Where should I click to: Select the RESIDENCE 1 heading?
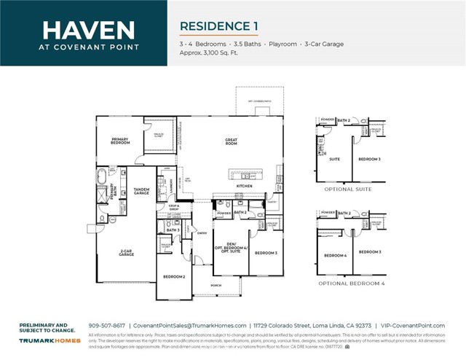coord(219,26)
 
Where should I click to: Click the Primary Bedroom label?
coord(120,141)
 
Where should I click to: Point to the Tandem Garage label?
coord(142,192)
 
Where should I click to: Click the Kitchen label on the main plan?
coord(243,187)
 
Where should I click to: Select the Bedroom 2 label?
coord(173,277)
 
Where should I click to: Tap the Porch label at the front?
coord(216,285)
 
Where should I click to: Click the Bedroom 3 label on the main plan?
coord(266,253)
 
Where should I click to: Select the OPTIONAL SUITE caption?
coord(347,189)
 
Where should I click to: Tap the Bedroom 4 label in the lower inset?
coord(334,255)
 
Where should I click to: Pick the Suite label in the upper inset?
coord(335,159)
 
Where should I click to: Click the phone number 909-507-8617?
coord(107,325)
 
